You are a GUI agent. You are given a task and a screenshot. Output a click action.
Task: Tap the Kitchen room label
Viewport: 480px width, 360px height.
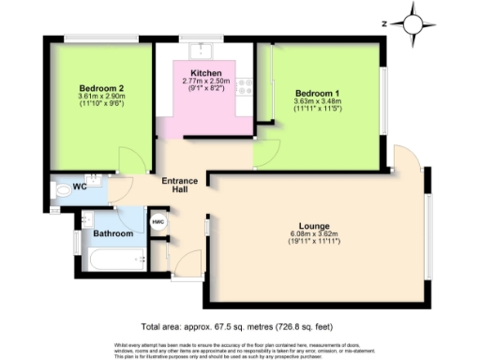[x=205, y=72]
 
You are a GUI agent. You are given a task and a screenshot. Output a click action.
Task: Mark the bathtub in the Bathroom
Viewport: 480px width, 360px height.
[x=111, y=259]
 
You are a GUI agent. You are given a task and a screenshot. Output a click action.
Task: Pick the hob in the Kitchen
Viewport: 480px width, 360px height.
[x=244, y=89]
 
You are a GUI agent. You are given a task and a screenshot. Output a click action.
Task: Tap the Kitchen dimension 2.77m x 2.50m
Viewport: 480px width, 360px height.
[x=205, y=82]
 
